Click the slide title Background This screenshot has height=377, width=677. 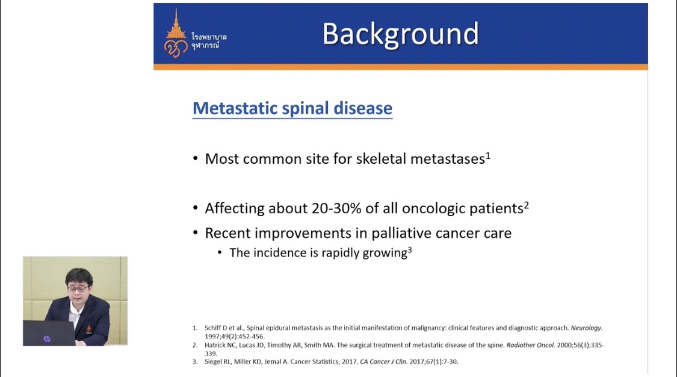(401, 34)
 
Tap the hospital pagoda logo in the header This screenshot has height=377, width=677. (176, 34)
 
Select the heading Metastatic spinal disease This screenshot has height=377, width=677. (292, 108)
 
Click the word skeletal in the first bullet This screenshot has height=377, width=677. (382, 159)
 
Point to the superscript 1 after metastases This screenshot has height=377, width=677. (488, 155)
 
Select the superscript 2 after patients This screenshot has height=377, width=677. (527, 205)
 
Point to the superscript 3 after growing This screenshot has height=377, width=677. (410, 249)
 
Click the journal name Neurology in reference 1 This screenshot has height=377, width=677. (586, 328)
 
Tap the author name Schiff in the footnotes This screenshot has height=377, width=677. (212, 328)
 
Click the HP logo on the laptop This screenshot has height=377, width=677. (46, 339)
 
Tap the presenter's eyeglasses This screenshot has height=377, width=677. (78, 288)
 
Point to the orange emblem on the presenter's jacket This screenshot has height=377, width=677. (89, 331)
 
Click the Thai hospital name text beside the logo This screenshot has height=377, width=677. (209, 40)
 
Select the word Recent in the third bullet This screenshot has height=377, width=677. (227, 233)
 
